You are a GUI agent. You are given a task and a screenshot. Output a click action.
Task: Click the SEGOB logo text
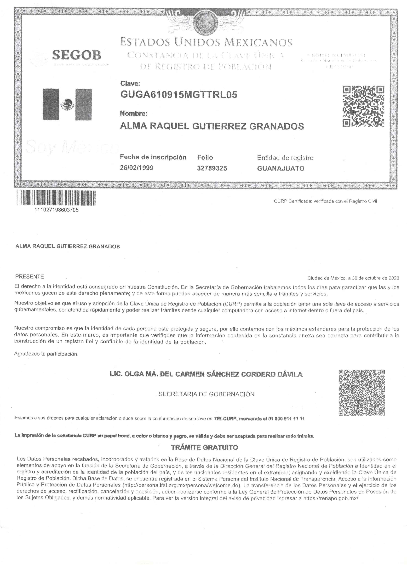(x=76, y=55)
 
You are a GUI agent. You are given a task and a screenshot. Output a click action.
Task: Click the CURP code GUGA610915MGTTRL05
(x=179, y=94)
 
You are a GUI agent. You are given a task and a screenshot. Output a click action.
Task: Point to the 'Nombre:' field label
(x=133, y=113)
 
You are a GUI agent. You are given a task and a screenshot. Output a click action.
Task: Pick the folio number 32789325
(x=212, y=168)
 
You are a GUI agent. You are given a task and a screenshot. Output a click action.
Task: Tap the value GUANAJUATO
(x=281, y=168)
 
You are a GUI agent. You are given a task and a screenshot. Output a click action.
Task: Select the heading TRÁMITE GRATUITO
(x=204, y=447)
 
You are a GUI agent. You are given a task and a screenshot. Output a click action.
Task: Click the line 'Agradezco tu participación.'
(x=46, y=354)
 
